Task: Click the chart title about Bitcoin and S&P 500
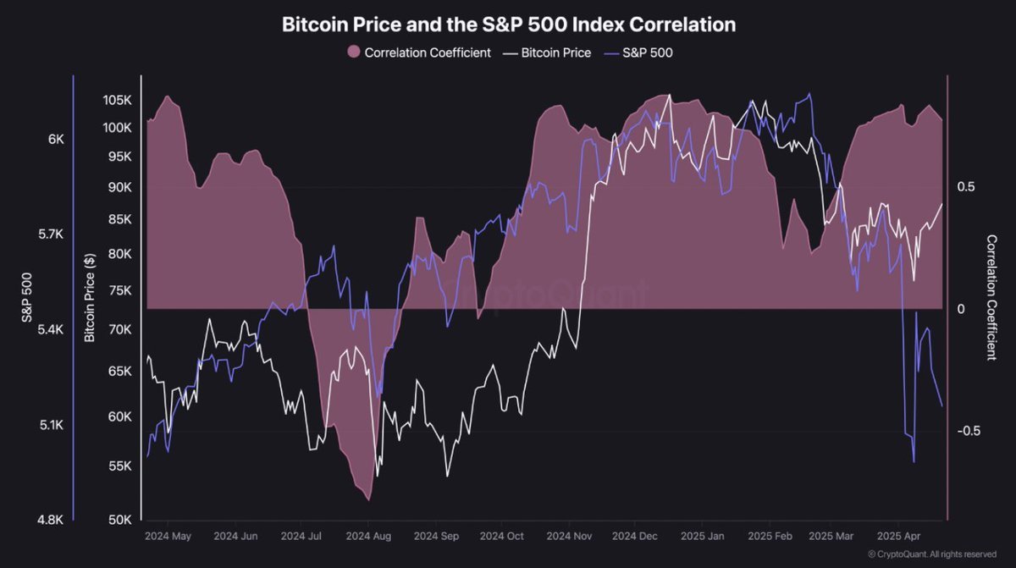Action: click(x=508, y=25)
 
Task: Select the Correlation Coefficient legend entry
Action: click(x=419, y=52)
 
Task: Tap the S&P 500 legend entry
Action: click(x=640, y=52)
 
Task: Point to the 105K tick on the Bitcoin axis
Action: click(x=117, y=100)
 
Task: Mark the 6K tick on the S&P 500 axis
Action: click(x=55, y=139)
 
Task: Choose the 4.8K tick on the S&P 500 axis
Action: click(x=50, y=520)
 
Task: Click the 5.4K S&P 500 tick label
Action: click(x=50, y=329)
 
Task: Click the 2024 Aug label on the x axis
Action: click(x=369, y=536)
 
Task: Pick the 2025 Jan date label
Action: click(x=704, y=536)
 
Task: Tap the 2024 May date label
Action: click(x=168, y=536)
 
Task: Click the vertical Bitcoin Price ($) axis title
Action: click(x=90, y=297)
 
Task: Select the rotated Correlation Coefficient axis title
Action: click(x=991, y=298)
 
